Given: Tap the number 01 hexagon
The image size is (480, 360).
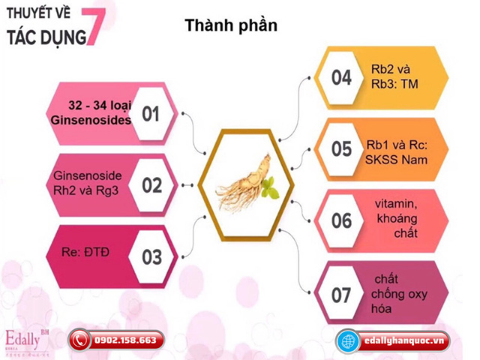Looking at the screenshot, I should tap(151, 114).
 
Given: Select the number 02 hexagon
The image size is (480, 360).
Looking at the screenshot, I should tap(151, 184).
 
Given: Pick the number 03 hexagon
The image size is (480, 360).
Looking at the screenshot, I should tap(151, 256).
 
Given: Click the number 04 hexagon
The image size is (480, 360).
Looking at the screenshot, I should tap(341, 77).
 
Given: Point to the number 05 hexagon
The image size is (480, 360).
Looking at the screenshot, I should tap(341, 148).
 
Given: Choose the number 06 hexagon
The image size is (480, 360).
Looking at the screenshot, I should tap(341, 220).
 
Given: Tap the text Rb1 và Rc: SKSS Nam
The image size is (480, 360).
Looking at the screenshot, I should tap(400, 148).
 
